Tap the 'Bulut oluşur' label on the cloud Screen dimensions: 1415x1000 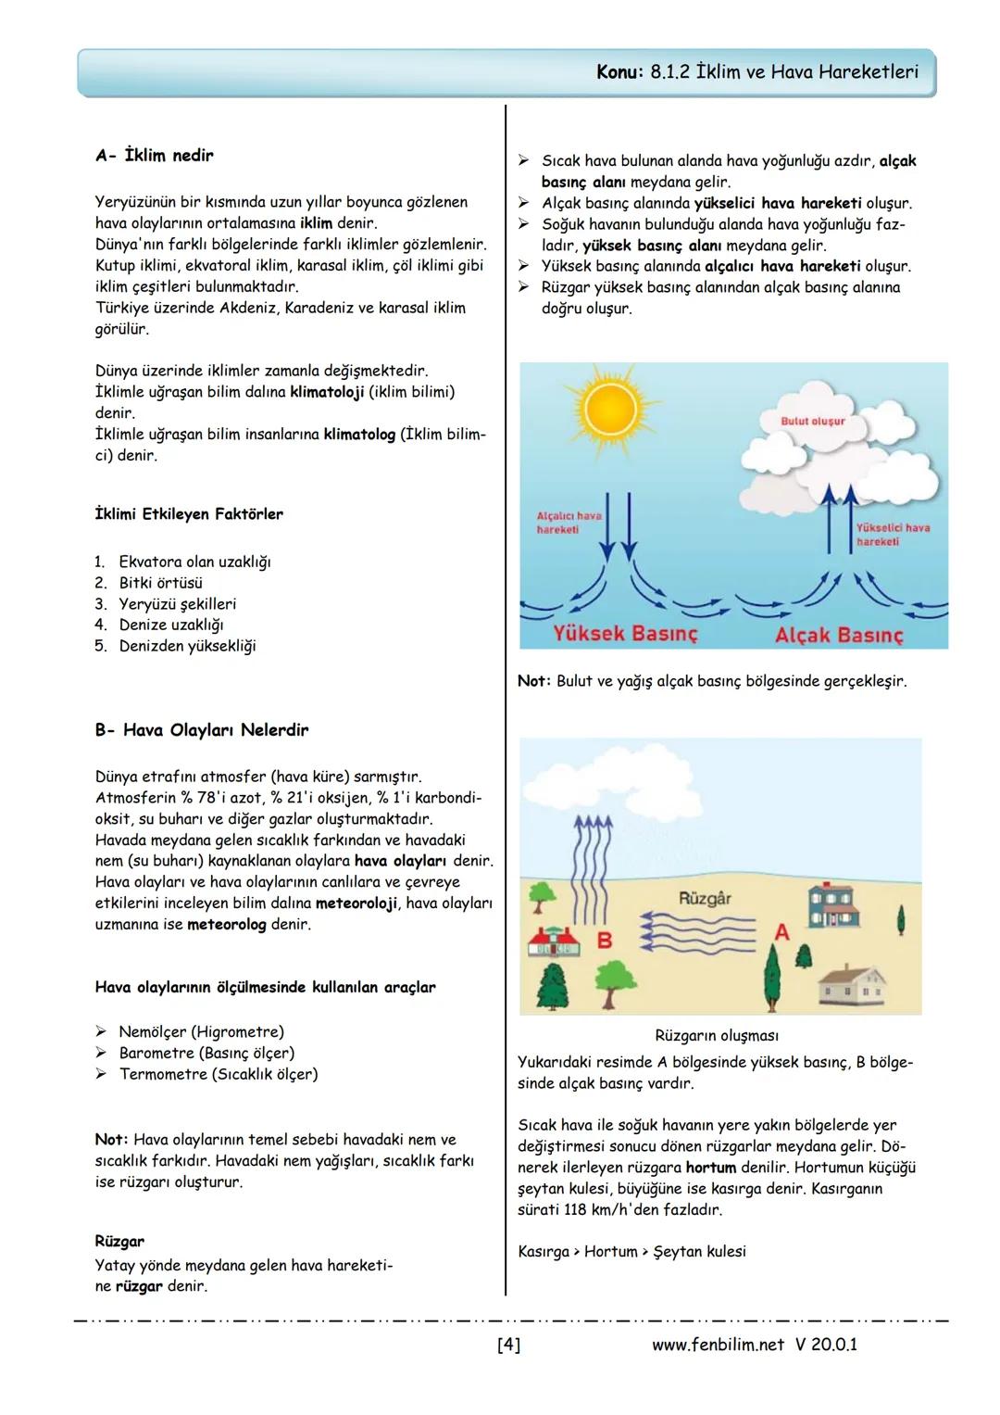point(813,421)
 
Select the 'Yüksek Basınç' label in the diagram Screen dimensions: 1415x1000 point(625,634)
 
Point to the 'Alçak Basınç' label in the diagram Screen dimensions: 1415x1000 point(838,635)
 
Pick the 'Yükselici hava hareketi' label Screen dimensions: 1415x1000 point(893,534)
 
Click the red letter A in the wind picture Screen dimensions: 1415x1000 point(781,932)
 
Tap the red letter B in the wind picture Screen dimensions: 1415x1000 point(605,941)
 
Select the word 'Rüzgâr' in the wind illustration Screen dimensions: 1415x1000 point(705,898)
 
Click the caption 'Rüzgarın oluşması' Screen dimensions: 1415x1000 point(716,1035)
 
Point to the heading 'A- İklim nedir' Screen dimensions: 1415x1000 point(154,156)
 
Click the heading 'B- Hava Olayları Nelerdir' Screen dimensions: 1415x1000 point(201,730)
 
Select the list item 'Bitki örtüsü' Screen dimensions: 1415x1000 point(159,583)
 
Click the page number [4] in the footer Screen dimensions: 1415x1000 point(508,1345)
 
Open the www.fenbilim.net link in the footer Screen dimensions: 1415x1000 point(718,1345)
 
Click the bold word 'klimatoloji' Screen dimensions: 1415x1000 point(327,392)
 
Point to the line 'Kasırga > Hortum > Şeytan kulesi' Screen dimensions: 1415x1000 point(631,1252)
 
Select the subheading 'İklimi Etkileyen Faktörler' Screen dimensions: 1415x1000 point(189,514)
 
